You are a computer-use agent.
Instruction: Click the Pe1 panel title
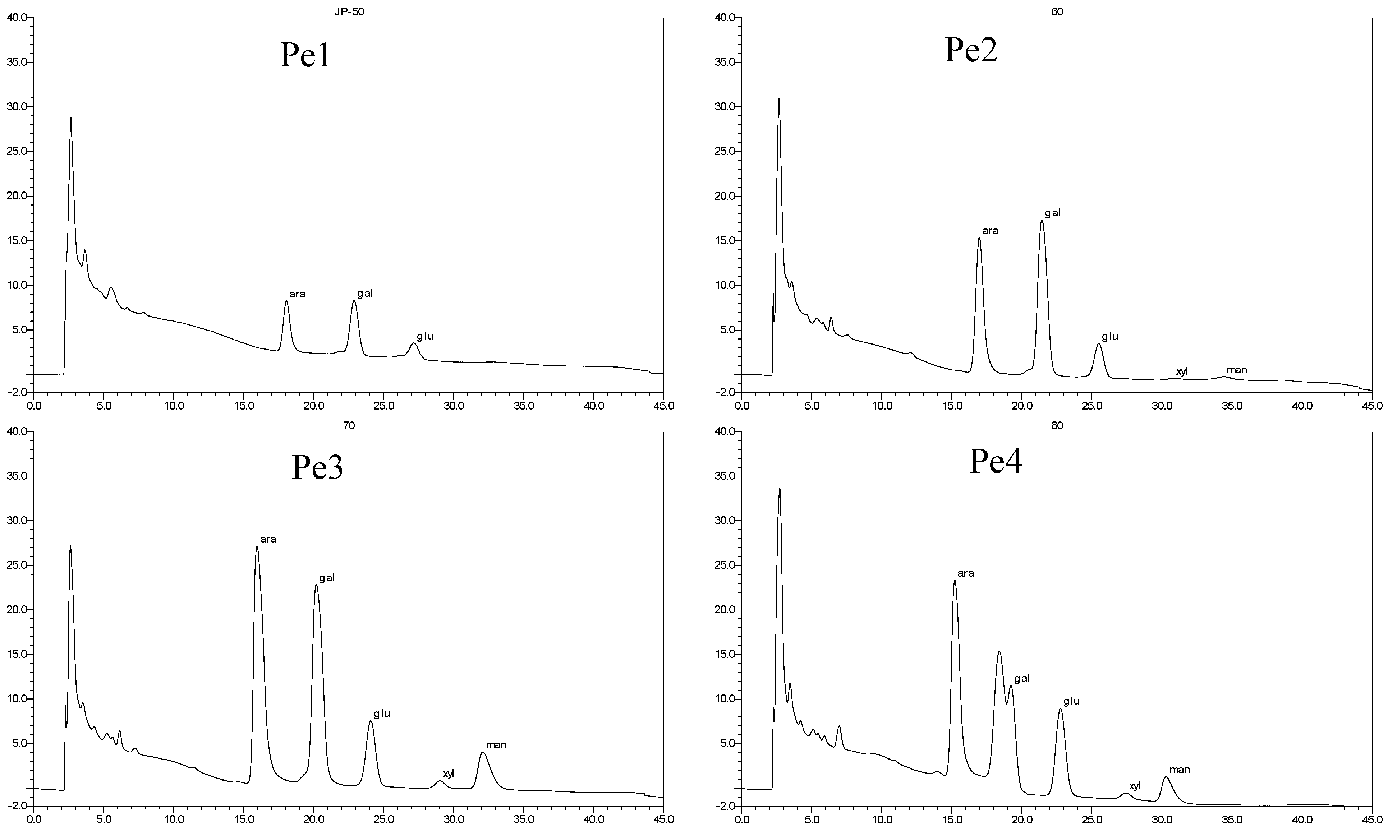coord(305,56)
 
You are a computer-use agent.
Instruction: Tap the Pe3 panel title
coord(317,468)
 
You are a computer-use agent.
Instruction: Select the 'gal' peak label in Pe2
coord(1052,213)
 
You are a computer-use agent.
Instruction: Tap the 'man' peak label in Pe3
coord(496,745)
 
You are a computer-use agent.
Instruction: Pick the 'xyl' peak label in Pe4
coord(1134,786)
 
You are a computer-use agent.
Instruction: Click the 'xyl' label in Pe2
coord(1181,371)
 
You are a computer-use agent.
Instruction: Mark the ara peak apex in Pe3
coord(257,546)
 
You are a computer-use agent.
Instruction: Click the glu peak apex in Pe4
coord(1060,709)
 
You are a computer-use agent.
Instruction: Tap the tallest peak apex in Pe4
coord(779,488)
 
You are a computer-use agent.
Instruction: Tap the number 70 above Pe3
coord(348,426)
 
